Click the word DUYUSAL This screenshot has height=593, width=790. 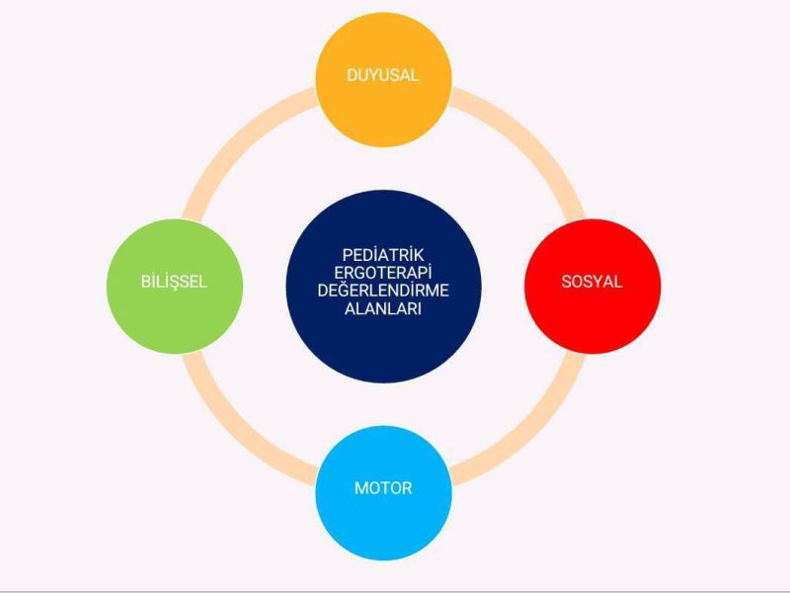382,75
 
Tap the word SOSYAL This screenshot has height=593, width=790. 592,282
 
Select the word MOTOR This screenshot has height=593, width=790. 383,488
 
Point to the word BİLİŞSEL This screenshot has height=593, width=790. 174,282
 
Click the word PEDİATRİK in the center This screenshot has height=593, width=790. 382,253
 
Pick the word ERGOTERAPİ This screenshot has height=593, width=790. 382,272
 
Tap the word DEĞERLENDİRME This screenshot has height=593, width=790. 382,291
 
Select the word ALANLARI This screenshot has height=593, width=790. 382,309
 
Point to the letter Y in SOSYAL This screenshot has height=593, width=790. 596,282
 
